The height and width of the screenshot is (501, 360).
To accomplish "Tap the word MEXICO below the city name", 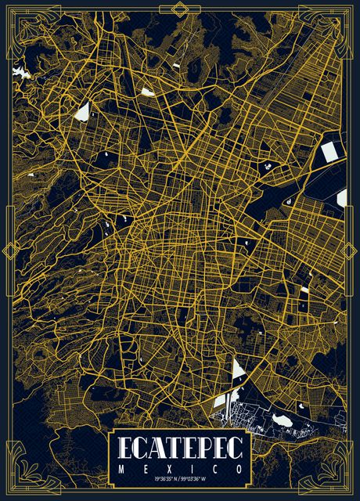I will click(181, 467).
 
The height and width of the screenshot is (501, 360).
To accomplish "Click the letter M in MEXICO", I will click(122, 467).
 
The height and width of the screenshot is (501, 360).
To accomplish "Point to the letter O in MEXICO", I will click(239, 467).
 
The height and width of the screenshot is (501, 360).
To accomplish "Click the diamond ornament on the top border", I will click(180, 8).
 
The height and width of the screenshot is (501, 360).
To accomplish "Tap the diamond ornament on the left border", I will click(10, 250).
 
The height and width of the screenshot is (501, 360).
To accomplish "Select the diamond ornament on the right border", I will click(350, 250).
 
